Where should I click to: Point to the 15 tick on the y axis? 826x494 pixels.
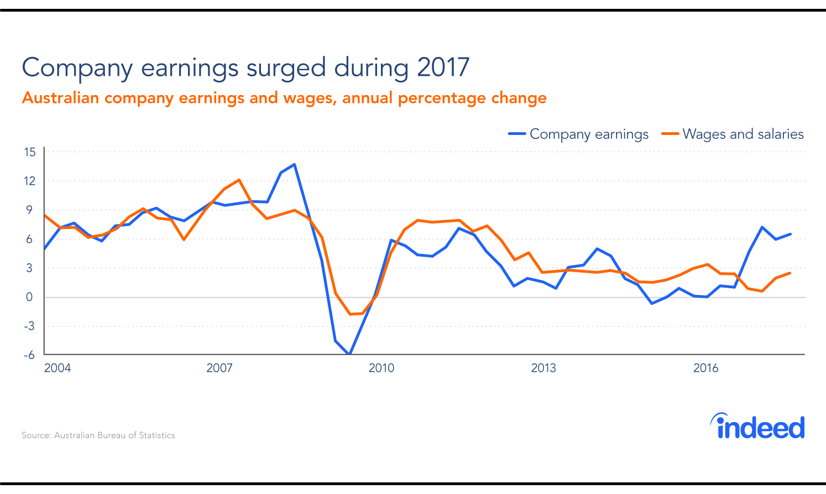30,152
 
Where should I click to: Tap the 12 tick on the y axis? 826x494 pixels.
30,181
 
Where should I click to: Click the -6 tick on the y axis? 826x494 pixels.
29,355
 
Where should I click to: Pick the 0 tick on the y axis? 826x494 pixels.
30,297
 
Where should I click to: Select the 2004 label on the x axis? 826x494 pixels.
57,368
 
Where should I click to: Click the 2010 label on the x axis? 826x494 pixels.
381,368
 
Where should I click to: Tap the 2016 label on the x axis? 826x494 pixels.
706,368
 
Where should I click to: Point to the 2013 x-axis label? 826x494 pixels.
543,368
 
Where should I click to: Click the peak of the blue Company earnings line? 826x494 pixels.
295,164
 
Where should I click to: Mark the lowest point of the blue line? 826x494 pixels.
349,353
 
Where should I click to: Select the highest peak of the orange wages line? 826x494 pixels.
239,180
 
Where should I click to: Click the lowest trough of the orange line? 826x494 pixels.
350,314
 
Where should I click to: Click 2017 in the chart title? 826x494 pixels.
443,67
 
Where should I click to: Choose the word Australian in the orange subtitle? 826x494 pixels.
60,98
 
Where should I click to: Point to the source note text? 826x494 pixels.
98,435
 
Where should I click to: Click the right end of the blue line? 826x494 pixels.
791,234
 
